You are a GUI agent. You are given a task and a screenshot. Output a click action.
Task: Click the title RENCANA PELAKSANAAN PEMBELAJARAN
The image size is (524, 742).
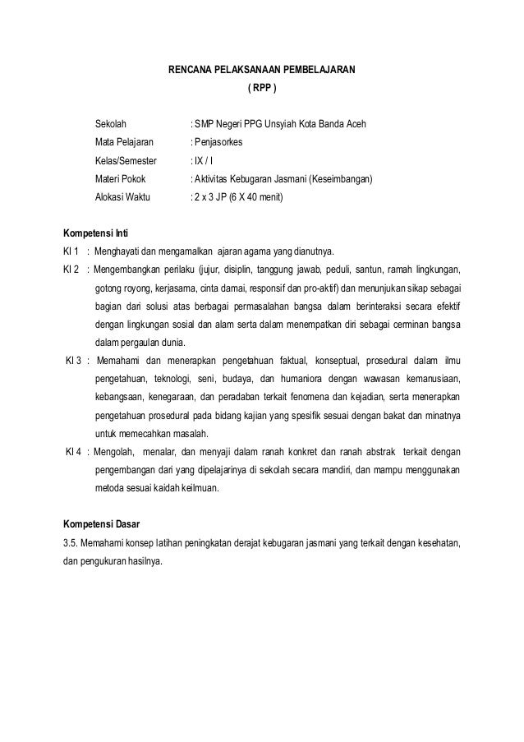[x=262, y=71]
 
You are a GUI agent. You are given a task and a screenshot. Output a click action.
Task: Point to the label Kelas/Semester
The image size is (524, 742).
[x=125, y=161]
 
